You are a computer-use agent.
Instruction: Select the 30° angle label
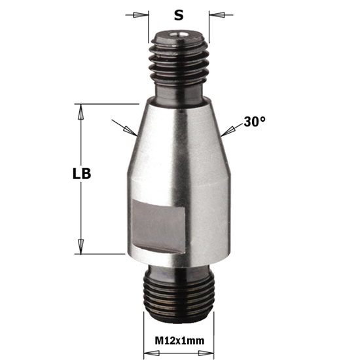click(x=254, y=122)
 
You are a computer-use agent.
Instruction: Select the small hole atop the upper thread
click(x=179, y=30)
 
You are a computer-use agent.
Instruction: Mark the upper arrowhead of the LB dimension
click(x=81, y=111)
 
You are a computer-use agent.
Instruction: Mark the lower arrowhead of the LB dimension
click(x=81, y=247)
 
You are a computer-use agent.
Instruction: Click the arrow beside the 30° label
click(x=226, y=133)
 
